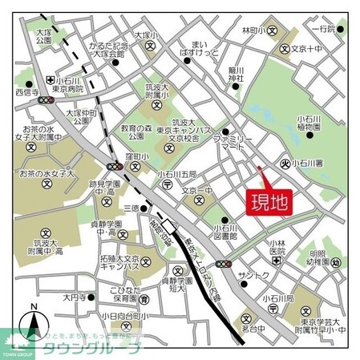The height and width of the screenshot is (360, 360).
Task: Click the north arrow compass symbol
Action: click(34, 321)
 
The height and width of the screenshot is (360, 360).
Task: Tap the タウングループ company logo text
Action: click(96, 347)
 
